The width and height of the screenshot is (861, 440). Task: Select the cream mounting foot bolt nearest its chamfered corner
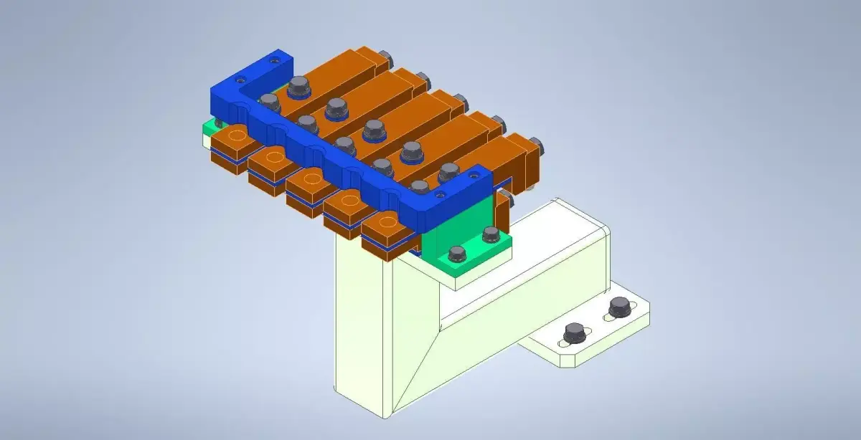[x=574, y=333]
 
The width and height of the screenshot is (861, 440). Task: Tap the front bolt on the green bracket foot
[x=456, y=254]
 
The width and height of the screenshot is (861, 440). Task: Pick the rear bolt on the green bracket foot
[x=491, y=234]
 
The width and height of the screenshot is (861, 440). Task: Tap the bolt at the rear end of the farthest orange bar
[x=385, y=57]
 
